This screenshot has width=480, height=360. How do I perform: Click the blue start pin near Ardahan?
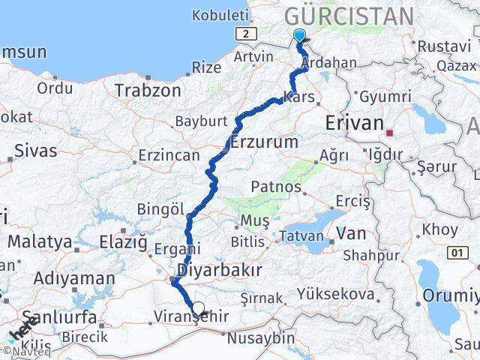point(300,35)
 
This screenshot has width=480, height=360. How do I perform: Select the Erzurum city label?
point(265,141)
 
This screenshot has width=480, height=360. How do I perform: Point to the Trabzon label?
point(148,91)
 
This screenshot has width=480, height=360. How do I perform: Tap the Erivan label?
point(354,123)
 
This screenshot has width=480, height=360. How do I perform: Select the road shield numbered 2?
point(245,34)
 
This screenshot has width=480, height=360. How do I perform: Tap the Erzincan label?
point(169,156)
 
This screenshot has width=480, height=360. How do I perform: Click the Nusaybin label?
point(262,337)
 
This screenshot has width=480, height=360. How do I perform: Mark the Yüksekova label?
point(335,294)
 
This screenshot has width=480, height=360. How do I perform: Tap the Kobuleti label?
point(220,15)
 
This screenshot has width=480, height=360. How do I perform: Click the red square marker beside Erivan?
point(389,132)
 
